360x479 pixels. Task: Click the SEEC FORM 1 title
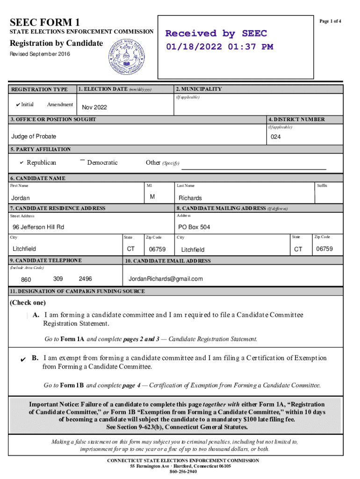point(45,22)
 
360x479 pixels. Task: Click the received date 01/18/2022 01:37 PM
point(219,47)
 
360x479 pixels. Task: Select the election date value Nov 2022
point(94,108)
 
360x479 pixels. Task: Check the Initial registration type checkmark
point(17,105)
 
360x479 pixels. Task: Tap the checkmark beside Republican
point(22,163)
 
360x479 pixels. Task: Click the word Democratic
point(102,163)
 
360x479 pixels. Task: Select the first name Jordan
point(20,198)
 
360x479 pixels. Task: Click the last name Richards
point(190,198)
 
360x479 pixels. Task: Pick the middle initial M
point(152,197)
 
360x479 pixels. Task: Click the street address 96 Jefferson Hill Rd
point(38,227)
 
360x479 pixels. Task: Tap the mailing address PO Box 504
point(194,227)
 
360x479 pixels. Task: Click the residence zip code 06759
point(157,249)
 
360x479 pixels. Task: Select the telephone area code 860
point(26,280)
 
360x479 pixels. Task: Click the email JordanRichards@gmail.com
point(166,279)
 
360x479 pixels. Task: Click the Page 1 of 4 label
point(330,22)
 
